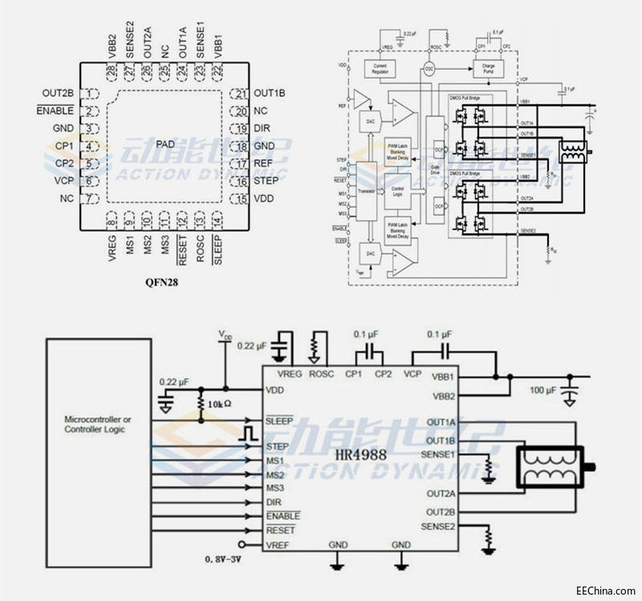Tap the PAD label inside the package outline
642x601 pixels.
165,144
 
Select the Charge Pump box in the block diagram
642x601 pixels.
489,70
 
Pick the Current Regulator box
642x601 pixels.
380,70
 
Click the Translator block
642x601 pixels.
366,191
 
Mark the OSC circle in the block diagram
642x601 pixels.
429,70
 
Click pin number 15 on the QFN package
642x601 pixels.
241,198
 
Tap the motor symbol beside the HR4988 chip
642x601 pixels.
555,467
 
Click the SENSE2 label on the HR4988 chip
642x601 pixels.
438,526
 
